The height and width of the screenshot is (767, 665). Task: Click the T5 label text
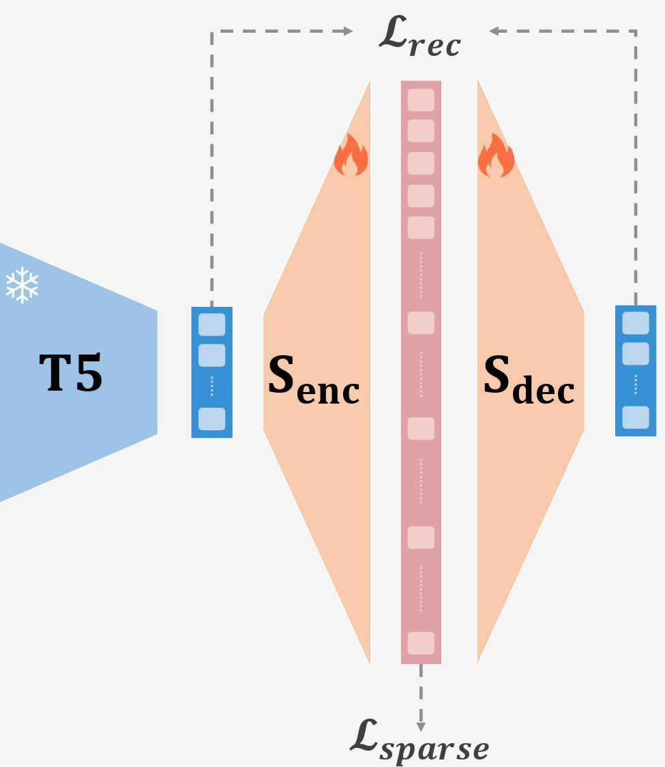71,374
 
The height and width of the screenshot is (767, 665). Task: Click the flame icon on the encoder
351,155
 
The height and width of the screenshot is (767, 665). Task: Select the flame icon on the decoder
496,155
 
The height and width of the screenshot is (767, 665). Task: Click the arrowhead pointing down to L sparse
421,725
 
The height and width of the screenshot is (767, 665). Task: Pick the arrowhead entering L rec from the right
494,31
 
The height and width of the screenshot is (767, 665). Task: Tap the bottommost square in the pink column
421,643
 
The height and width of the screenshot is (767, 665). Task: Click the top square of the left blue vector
211,324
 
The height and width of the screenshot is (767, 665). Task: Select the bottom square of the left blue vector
211,419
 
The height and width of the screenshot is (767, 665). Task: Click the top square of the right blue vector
636,322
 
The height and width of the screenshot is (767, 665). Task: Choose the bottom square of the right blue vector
636,417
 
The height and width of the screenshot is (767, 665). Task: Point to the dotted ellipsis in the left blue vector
211,386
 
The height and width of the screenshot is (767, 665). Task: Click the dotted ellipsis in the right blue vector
636,385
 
